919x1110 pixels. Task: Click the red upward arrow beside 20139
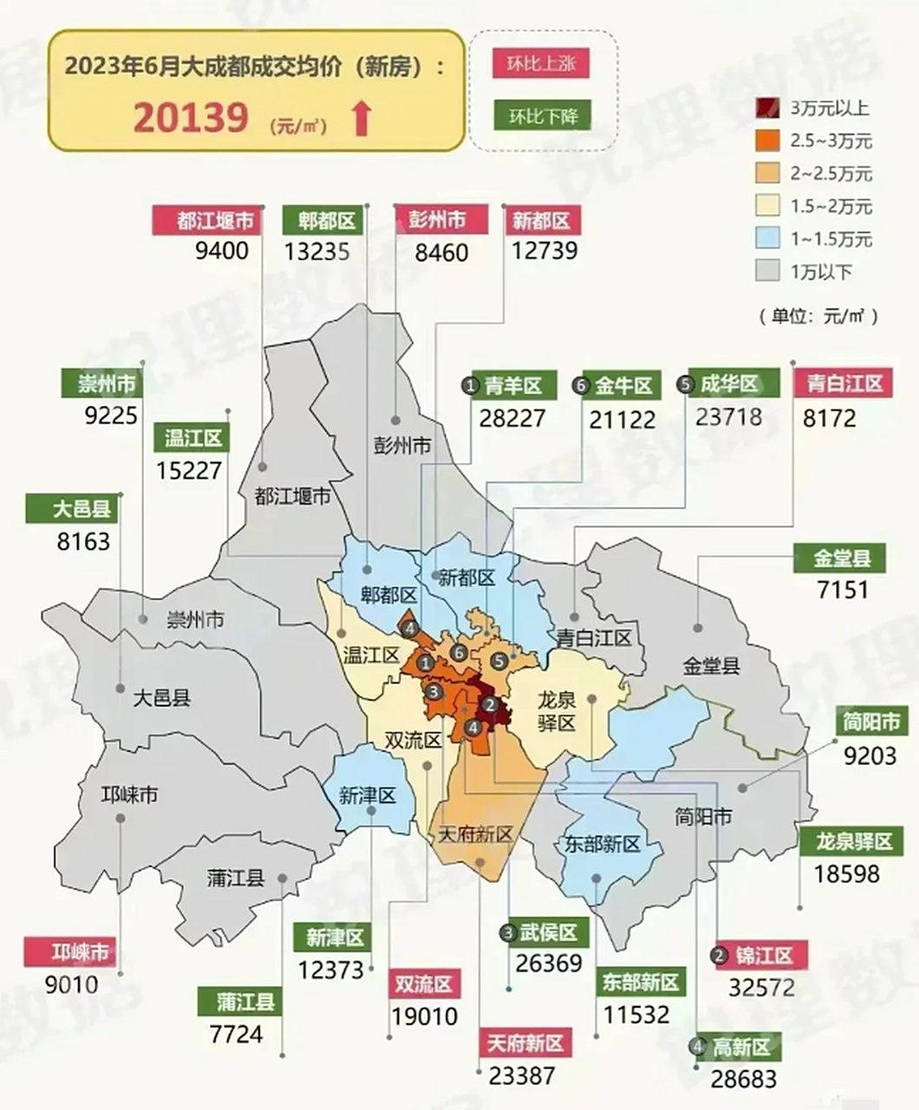pyautogui.click(x=362, y=119)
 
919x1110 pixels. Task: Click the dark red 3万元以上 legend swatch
pyautogui.click(x=767, y=108)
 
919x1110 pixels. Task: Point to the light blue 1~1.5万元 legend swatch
pyautogui.click(x=767, y=239)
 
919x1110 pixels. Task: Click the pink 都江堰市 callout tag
pyautogui.click(x=207, y=220)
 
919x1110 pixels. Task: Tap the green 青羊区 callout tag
pyautogui.click(x=512, y=385)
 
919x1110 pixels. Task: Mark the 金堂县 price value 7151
pyautogui.click(x=842, y=590)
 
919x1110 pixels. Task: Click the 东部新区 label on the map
pyautogui.click(x=602, y=843)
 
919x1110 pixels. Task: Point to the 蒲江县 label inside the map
pyautogui.click(x=235, y=878)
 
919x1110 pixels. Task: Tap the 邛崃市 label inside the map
pyautogui.click(x=130, y=793)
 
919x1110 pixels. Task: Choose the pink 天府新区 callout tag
pyautogui.click(x=525, y=1042)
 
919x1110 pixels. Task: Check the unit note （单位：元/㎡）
pyautogui.click(x=818, y=316)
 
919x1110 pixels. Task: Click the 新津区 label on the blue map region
pyautogui.click(x=368, y=795)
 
